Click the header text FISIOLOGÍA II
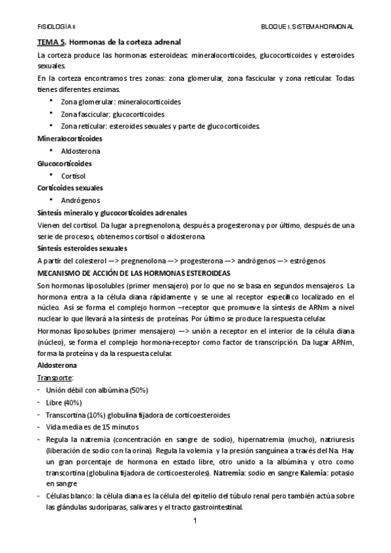point(57,26)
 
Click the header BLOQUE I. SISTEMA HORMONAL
point(306,26)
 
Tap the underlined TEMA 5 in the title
point(50,42)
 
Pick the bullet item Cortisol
point(73,175)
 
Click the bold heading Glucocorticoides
point(64,163)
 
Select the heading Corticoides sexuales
point(70,188)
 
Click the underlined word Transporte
point(55,378)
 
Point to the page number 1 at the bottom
point(195,523)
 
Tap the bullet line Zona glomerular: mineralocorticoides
point(121,102)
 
